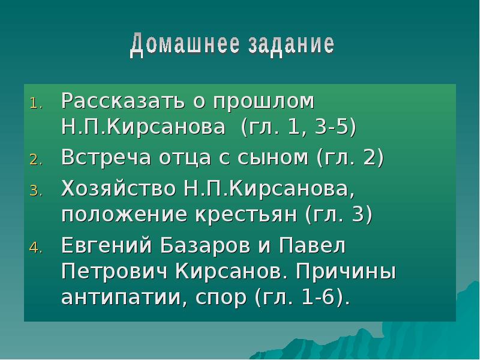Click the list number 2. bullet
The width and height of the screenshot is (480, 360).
click(37, 160)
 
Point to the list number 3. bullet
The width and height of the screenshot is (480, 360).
click(37, 191)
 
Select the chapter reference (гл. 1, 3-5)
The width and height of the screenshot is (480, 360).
click(298, 127)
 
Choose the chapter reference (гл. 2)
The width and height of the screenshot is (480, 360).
click(350, 158)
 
